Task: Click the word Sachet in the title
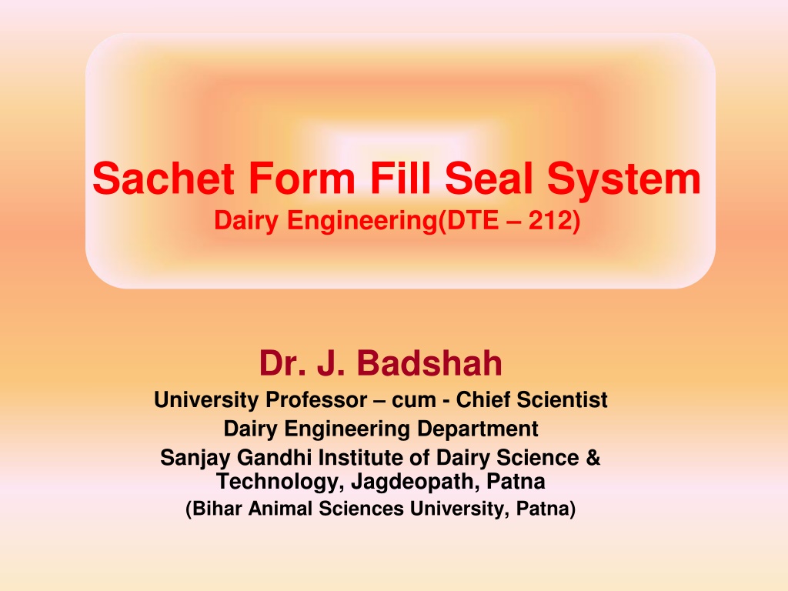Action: [163, 179]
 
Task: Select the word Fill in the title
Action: [400, 179]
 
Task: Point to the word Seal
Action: [489, 179]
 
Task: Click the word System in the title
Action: [623, 180]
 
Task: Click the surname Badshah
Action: [429, 363]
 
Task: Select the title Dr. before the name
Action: [282, 363]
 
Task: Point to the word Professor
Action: [316, 400]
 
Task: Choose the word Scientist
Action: [563, 400]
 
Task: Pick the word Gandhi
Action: [275, 458]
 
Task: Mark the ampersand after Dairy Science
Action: [593, 458]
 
